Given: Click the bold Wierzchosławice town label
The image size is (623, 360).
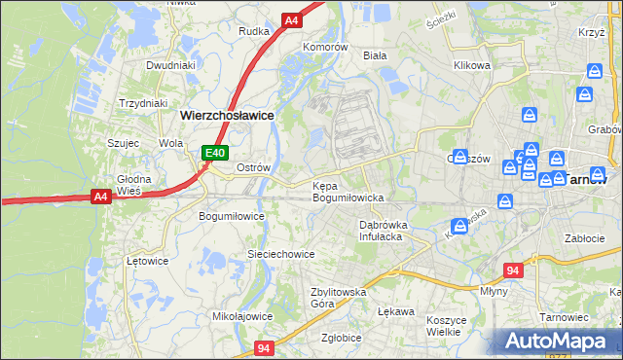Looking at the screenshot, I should pos(226,115).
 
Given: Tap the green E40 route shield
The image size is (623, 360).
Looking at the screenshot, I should pos(215,153).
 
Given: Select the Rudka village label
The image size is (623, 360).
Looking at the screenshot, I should pos(253,31).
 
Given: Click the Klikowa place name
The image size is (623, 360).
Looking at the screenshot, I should pos(471,66).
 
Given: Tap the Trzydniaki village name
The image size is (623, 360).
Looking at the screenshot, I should pos(143,103).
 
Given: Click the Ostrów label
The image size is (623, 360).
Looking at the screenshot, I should pos(253,167).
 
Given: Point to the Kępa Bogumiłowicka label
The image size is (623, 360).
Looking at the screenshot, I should pos(348,192).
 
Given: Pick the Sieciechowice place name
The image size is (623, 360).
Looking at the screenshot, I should pos(280,254).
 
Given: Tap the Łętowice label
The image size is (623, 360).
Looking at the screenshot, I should pos(148,261).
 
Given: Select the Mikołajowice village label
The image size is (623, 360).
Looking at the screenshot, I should pos(242,316).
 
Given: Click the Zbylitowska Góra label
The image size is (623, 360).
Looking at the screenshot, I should pos(338,297).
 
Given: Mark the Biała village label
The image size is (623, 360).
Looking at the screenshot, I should pos(375,55).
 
